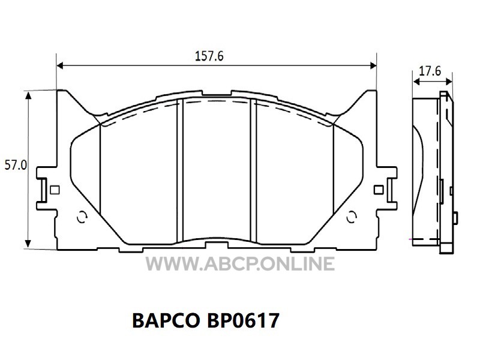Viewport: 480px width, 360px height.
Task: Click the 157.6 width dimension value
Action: [x=209, y=56]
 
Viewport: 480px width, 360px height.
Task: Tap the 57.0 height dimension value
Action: [x=16, y=166]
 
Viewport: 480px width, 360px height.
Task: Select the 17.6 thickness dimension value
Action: [x=430, y=71]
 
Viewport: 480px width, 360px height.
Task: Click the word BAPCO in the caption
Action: [x=166, y=320]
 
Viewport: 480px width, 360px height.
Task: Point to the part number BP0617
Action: [x=243, y=320]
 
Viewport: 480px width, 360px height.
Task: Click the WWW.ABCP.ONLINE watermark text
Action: [x=240, y=264]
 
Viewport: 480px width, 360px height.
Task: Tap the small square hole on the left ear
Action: [x=55, y=190]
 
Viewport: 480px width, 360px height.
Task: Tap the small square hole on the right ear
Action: [x=379, y=190]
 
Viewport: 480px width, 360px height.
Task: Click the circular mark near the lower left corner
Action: [x=82, y=217]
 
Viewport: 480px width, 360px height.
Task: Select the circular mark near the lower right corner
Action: [x=352, y=217]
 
